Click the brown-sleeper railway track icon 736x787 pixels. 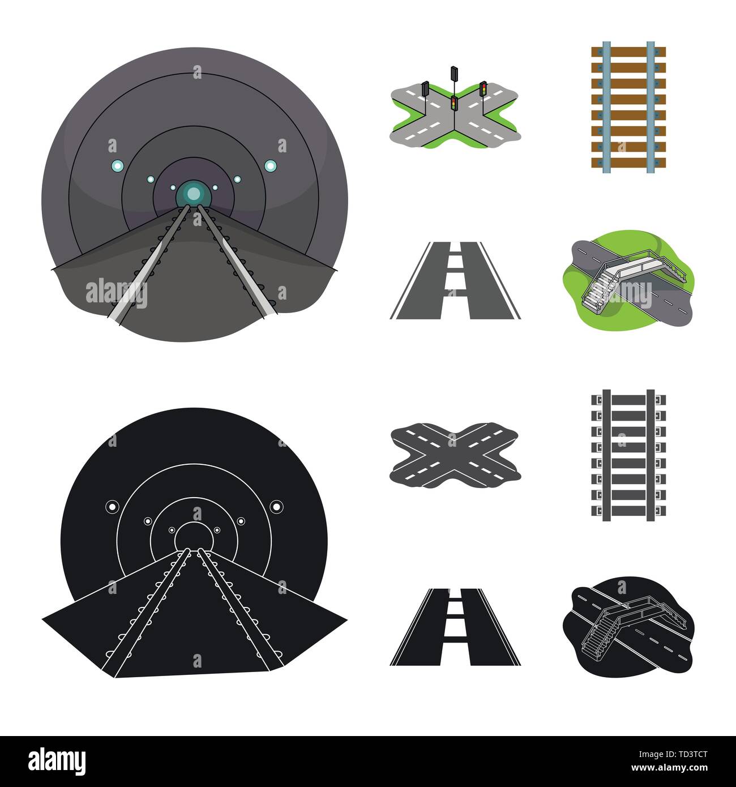tap(628, 108)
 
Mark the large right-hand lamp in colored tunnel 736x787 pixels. tap(270, 165)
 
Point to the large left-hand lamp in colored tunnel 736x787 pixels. tap(117, 165)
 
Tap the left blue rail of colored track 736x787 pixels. tap(606, 108)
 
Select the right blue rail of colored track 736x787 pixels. tap(651, 108)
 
